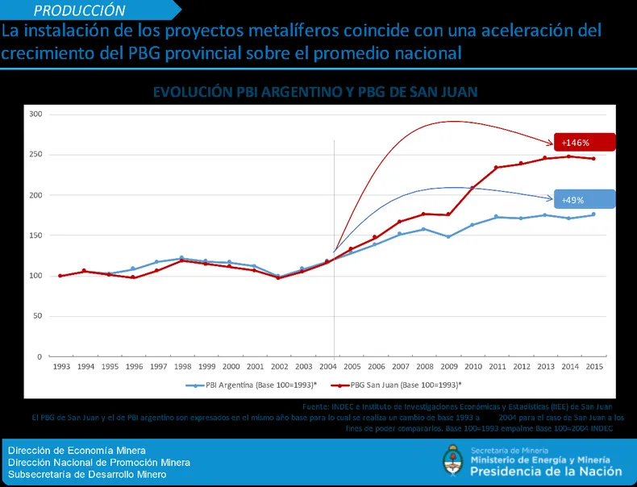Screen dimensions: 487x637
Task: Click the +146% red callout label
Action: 585,143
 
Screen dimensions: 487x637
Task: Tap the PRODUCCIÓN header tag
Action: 81,10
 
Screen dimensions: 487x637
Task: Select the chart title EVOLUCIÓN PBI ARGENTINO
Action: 315,92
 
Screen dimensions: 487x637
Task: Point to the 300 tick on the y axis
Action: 35,114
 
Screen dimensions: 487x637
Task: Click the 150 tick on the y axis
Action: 35,235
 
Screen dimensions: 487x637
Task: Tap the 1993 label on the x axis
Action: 60,367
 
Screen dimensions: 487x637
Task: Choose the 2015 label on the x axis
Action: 593,367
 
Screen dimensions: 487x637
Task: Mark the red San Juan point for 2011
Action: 497,168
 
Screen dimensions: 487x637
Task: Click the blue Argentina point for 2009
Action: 448,236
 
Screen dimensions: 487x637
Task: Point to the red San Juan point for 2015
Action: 593,159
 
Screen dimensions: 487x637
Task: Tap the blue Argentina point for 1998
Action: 181,258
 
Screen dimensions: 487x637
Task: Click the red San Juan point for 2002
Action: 278,277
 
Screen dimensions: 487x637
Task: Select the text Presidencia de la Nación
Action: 546,472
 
